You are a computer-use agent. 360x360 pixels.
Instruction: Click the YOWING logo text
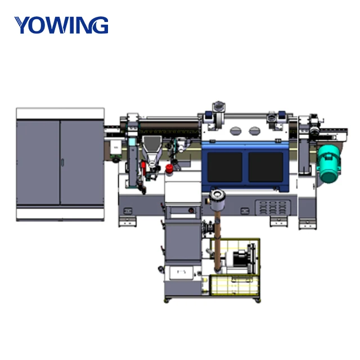pyautogui.click(x=61, y=25)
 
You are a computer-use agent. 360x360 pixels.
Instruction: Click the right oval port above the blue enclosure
pyautogui.click(x=251, y=130)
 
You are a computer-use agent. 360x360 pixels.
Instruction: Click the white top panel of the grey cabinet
pyautogui.click(x=60, y=113)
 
